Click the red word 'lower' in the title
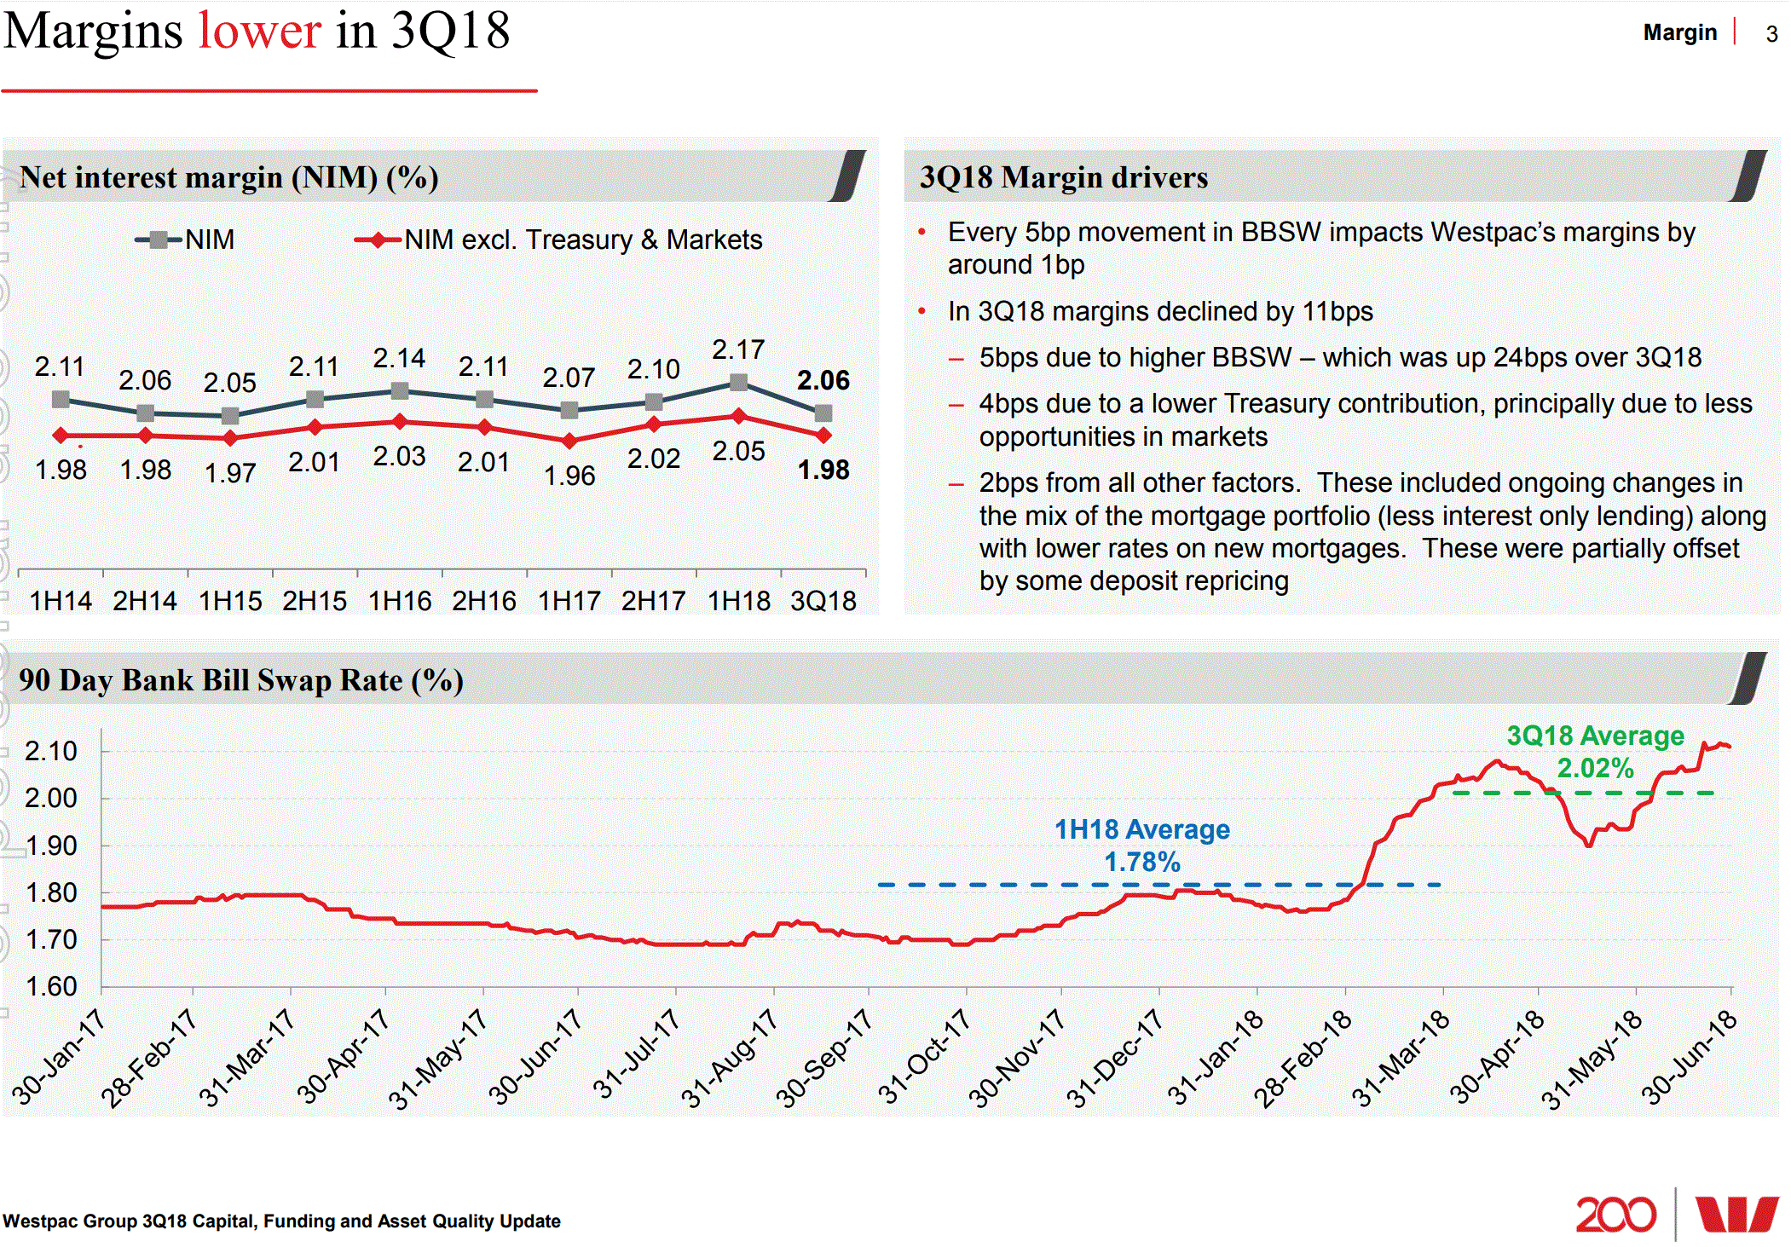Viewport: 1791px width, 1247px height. point(259,32)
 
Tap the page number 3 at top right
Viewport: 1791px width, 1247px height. point(1771,34)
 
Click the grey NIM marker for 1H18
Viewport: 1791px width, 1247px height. point(738,383)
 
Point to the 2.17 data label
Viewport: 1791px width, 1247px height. point(738,349)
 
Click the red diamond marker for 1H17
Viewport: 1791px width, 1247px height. point(569,441)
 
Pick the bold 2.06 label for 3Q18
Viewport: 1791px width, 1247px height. point(823,380)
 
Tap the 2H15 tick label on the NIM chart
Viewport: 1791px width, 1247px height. point(315,601)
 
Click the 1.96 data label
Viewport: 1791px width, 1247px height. point(569,476)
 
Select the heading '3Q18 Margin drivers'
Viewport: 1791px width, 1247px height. point(1063,177)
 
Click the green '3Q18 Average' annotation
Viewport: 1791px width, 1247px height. point(1595,736)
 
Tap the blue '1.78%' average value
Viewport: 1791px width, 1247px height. point(1142,862)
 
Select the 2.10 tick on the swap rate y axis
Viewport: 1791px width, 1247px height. point(51,751)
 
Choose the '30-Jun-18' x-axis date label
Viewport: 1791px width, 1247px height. point(1688,1057)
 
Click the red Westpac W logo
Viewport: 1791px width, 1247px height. point(1736,1214)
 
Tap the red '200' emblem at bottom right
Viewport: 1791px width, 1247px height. point(1615,1214)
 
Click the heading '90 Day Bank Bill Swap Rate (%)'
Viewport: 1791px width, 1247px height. point(241,680)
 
